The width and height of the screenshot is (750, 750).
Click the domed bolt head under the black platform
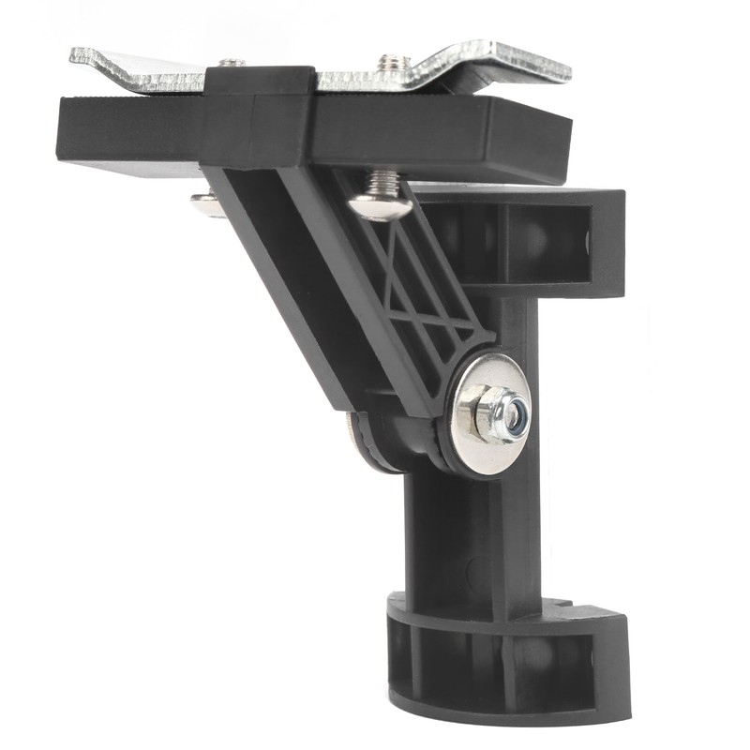point(379,203)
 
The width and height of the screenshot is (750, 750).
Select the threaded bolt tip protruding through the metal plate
point(388,64)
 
